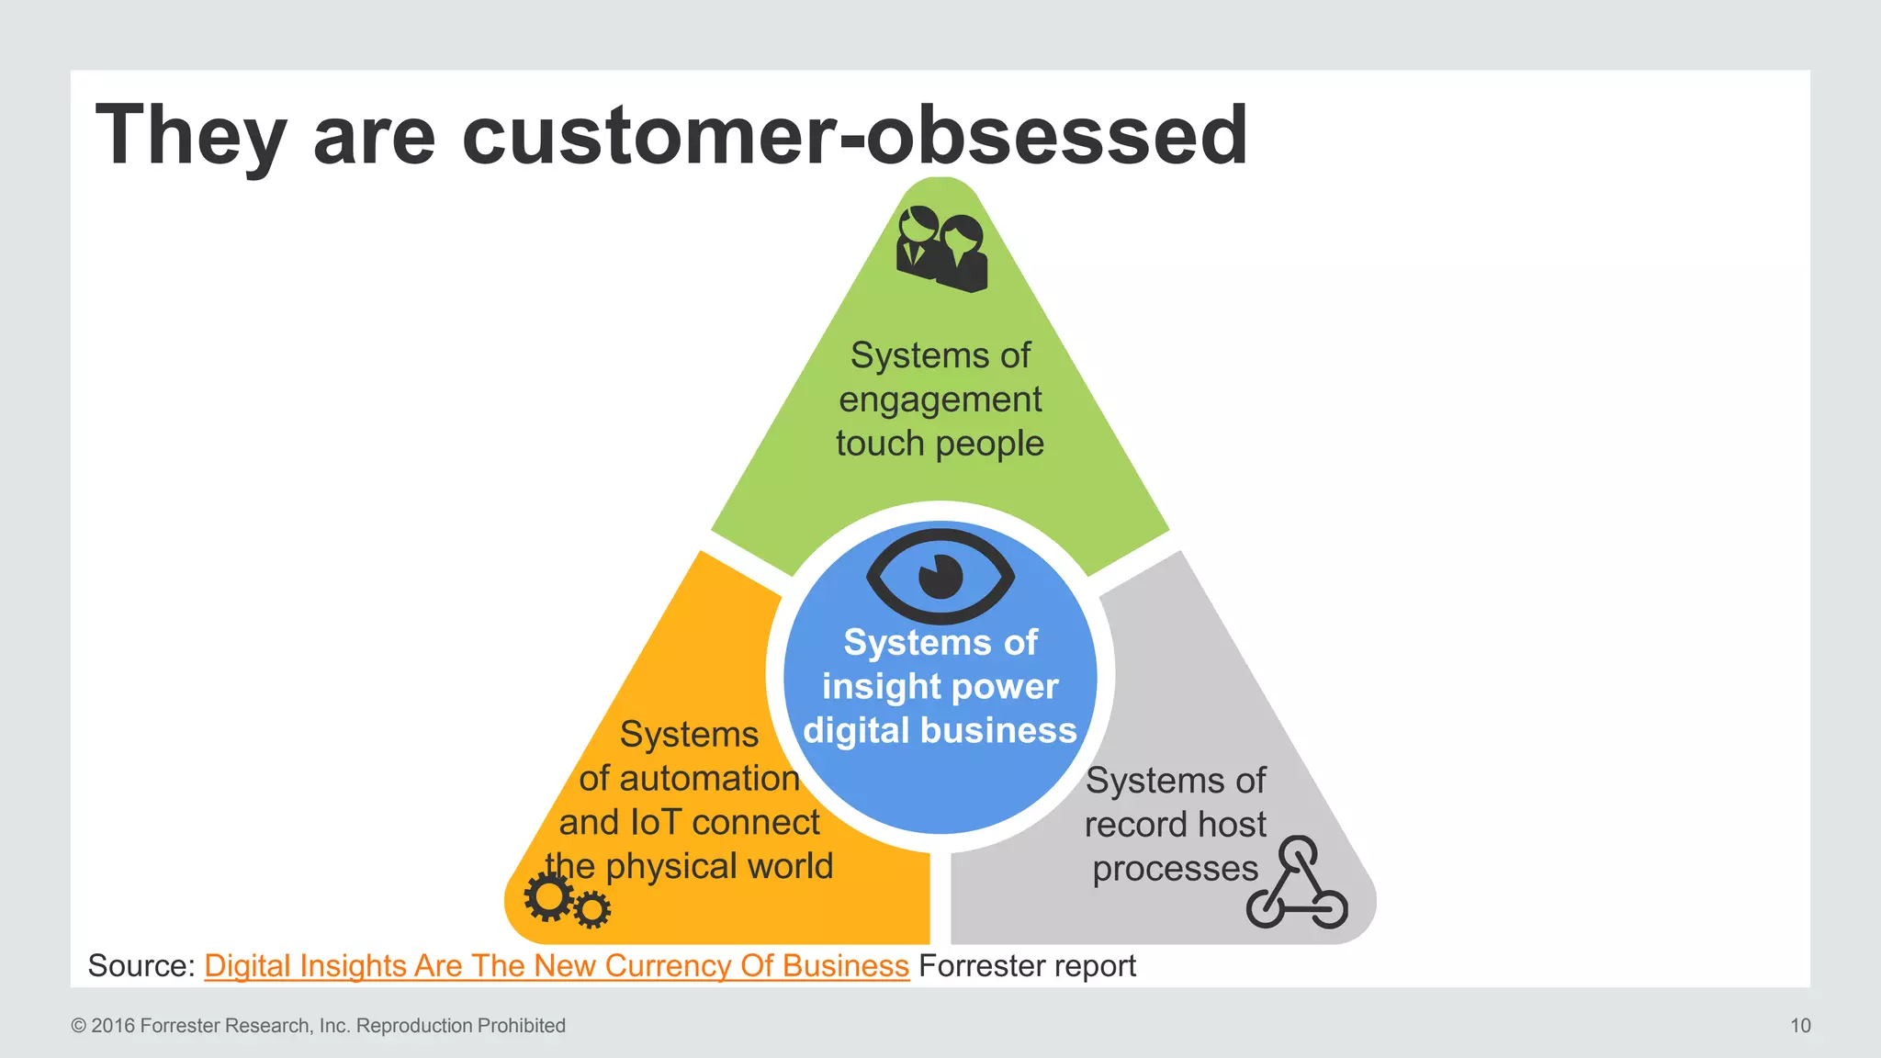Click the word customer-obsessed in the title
(854, 135)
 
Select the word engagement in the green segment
(940, 400)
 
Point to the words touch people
(940, 444)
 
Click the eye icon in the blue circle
(940, 577)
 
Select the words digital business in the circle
(940, 731)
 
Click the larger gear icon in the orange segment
(549, 897)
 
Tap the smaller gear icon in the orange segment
(592, 910)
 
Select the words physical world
(719, 866)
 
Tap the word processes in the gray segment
(1175, 869)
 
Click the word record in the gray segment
(1130, 825)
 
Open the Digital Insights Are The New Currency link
(556, 966)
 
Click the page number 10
(1800, 1026)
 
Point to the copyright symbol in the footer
(78, 1026)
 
